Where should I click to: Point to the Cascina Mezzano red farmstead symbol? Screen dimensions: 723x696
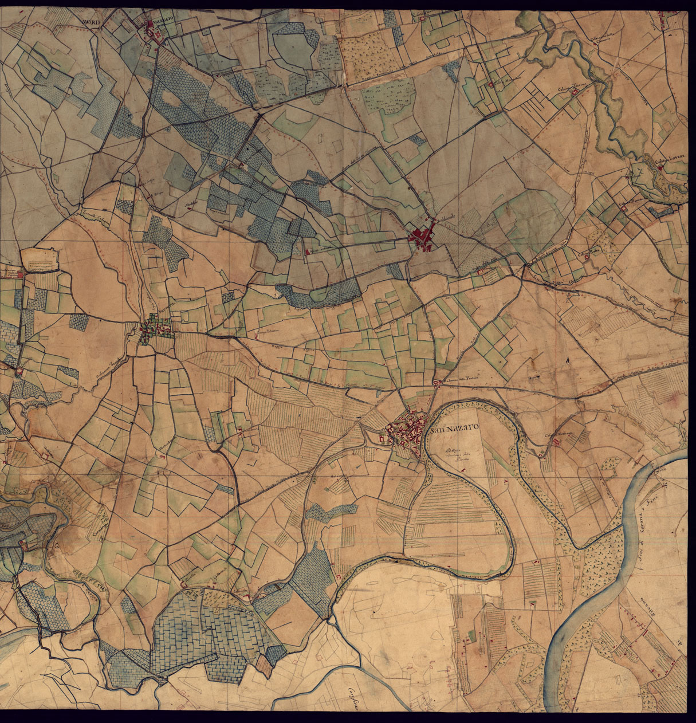pos(492,85)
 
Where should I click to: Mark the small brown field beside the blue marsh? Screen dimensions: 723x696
pos(264,665)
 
